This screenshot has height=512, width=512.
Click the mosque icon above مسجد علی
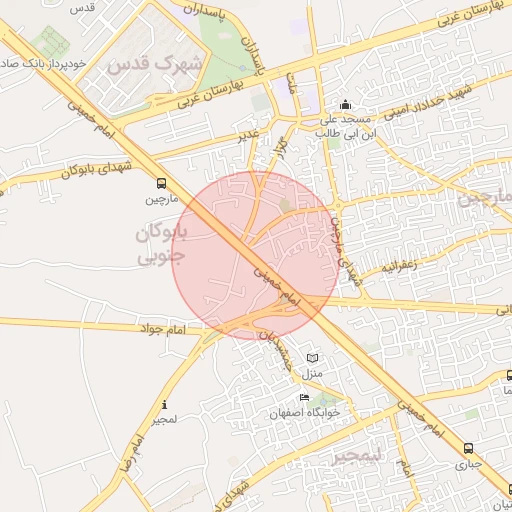[345, 104]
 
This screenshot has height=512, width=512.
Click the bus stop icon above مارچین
[162, 183]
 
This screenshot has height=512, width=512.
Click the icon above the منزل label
[313, 358]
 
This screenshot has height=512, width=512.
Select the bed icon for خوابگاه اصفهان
[304, 398]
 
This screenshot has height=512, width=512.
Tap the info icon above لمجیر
[164, 405]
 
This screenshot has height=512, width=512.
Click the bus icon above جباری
[469, 448]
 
